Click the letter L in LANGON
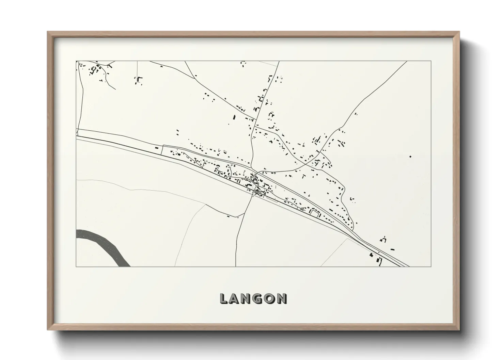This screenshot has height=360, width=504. (x=224, y=298)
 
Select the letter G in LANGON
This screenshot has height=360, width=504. (x=261, y=298)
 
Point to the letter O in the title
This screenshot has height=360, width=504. (x=272, y=298)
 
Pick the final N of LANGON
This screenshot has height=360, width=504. (x=282, y=298)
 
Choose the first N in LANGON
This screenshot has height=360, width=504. (x=249, y=298)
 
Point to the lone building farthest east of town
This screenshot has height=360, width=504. (x=410, y=157)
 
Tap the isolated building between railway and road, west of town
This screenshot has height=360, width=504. (x=157, y=148)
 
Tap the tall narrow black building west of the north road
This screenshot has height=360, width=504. (x=234, y=117)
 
